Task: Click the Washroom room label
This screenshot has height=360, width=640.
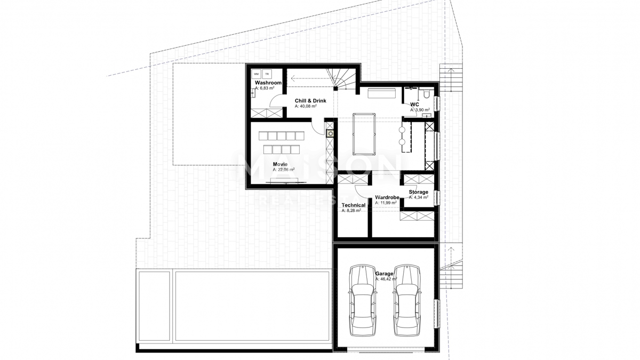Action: (x=268, y=83)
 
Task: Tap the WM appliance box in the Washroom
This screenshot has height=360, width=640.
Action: (x=257, y=74)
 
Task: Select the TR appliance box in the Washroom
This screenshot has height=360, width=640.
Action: (x=267, y=74)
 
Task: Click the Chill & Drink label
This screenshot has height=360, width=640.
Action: (x=310, y=101)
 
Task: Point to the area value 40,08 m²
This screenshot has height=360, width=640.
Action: (x=306, y=107)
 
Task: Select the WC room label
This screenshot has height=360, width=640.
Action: (x=414, y=104)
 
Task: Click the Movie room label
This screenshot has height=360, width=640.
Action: (x=280, y=164)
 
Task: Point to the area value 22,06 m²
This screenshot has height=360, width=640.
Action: (x=283, y=170)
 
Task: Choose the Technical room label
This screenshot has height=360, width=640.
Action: (x=353, y=205)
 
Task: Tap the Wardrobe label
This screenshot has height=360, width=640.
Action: (x=387, y=197)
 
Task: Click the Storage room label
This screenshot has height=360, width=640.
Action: (x=418, y=192)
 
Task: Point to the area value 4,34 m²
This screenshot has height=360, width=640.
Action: (x=418, y=197)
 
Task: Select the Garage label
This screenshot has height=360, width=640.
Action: (x=383, y=274)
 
